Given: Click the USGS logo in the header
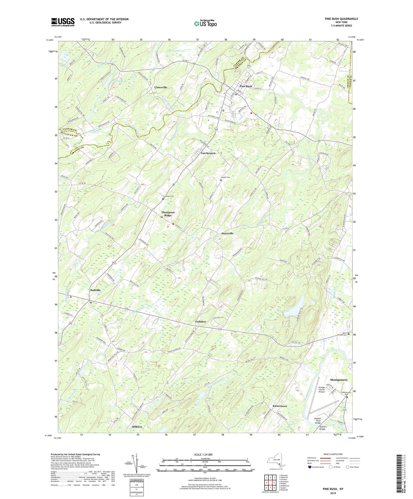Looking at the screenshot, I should click(x=63, y=22).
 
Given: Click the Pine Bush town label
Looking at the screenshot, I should click(x=246, y=86).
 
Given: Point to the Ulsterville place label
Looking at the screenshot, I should click(x=161, y=87).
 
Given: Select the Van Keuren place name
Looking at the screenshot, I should click(x=208, y=153).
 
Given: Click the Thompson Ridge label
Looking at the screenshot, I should click(x=168, y=214).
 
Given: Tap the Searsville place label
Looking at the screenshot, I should click(x=228, y=233).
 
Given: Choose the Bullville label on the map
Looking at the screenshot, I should click(x=95, y=290).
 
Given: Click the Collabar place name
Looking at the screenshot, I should click(x=201, y=322).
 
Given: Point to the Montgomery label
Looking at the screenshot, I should click(x=339, y=380).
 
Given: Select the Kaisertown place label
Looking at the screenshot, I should click(x=280, y=406).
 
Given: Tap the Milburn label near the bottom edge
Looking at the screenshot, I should click(x=137, y=427).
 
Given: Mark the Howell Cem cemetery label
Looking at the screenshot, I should click(x=225, y=177).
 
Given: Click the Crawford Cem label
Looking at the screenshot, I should click(x=168, y=196).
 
